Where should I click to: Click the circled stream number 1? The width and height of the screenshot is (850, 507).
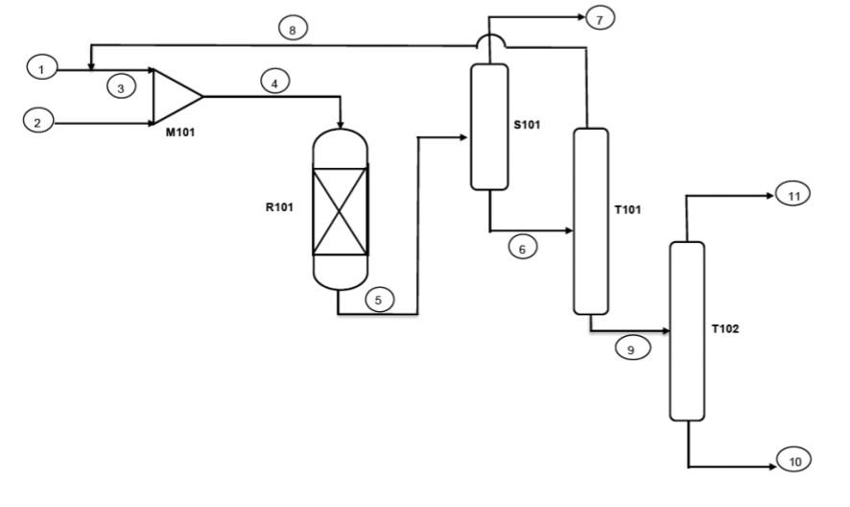click(x=42, y=68)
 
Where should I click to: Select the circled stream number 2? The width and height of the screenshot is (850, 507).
click(x=38, y=121)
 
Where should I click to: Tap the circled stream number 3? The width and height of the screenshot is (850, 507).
click(x=121, y=86)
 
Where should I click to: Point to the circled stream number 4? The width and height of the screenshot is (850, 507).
click(x=274, y=83)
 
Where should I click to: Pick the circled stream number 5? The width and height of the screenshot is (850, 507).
click(x=379, y=299)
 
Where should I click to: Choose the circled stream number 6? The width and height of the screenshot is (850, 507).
click(x=523, y=247)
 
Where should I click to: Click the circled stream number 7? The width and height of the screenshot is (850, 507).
click(x=600, y=18)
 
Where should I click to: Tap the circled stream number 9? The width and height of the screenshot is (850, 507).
click(x=632, y=348)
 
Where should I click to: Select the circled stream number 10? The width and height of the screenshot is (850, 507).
click(x=794, y=460)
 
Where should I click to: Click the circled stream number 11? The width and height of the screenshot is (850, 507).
click(x=793, y=194)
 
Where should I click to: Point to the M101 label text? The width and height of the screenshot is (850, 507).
click(x=180, y=133)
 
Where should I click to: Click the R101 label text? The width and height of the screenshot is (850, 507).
click(x=279, y=207)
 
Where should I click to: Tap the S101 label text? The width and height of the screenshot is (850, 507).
click(x=527, y=125)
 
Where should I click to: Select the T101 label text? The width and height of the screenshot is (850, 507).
click(x=627, y=210)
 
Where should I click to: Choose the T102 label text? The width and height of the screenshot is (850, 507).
click(x=725, y=329)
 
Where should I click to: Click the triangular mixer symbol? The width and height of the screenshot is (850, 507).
click(x=177, y=97)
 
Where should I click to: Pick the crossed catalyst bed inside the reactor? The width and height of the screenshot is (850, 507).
click(x=341, y=210)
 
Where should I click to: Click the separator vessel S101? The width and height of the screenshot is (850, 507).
click(x=489, y=127)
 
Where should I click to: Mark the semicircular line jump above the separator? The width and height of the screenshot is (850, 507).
click(x=489, y=36)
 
